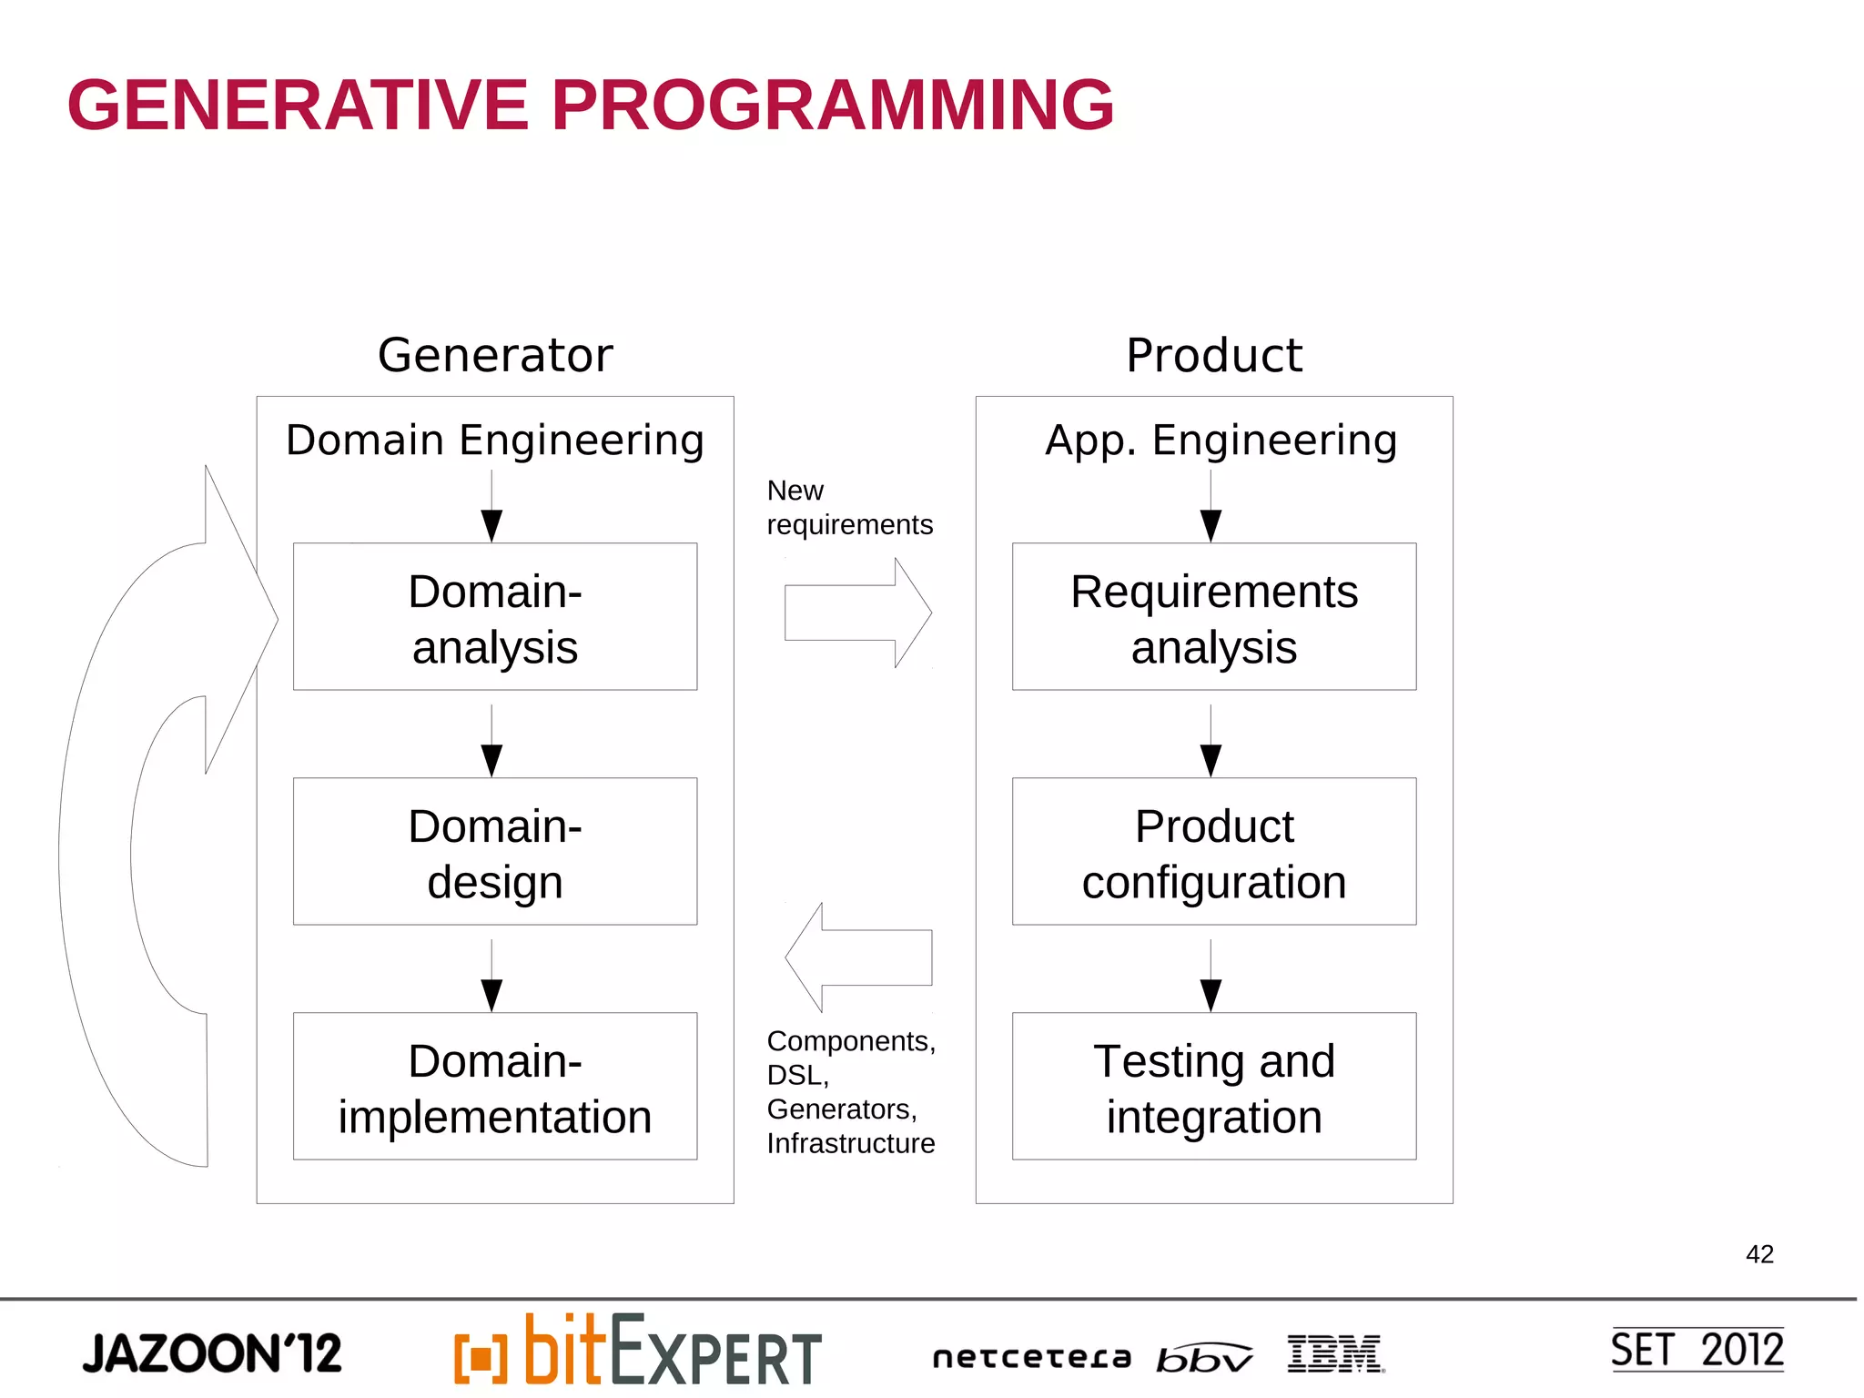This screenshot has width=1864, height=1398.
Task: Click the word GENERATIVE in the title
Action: [298, 106]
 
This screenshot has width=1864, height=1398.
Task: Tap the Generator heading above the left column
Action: [495, 355]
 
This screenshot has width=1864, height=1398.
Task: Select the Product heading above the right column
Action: [1213, 355]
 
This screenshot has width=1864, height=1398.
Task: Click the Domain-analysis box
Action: [495, 617]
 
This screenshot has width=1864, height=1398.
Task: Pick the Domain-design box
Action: [495, 852]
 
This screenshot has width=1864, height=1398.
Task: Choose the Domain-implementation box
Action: [495, 1087]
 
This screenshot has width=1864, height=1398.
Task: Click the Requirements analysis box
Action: [1214, 617]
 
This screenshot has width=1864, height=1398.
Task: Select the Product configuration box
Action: [1214, 852]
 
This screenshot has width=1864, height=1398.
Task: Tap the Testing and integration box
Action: [1214, 1087]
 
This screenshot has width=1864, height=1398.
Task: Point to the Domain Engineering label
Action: [495, 441]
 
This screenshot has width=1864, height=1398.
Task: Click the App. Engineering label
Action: [1221, 441]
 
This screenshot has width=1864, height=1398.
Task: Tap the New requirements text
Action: [848, 508]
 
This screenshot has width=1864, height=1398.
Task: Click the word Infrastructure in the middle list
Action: [850, 1143]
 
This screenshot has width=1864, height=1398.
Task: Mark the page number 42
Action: [1759, 1254]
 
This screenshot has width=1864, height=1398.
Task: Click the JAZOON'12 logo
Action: [212, 1353]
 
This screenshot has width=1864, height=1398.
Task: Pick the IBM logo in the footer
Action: [1335, 1353]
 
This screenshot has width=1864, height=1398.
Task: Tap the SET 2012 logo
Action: [1697, 1350]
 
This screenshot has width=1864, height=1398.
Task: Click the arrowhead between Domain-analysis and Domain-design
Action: [491, 760]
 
